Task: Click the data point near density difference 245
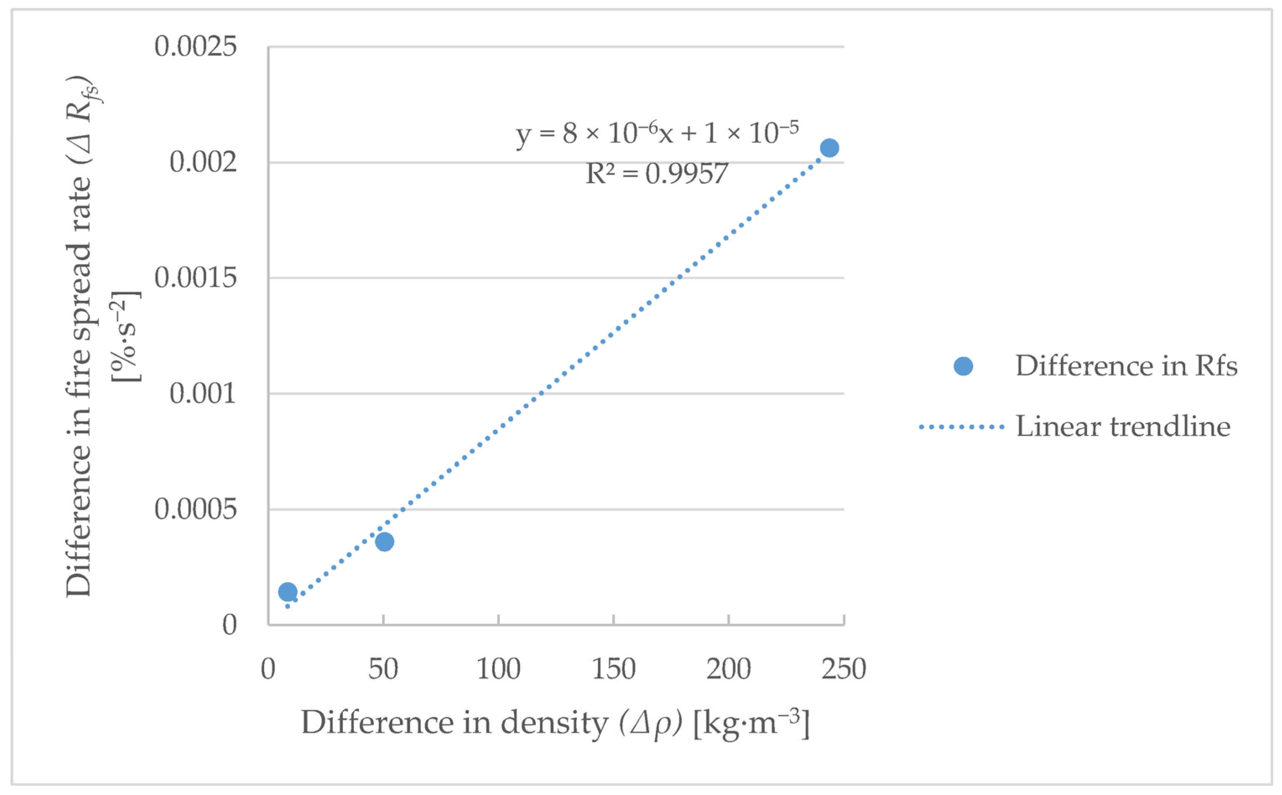coord(829,148)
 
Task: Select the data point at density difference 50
coord(384,541)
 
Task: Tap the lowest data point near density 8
coord(287,591)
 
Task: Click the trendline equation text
coord(657,133)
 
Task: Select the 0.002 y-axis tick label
coord(203,162)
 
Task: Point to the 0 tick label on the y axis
coord(229,625)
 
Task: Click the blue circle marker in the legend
coord(963,366)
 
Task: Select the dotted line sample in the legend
coord(961,427)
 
